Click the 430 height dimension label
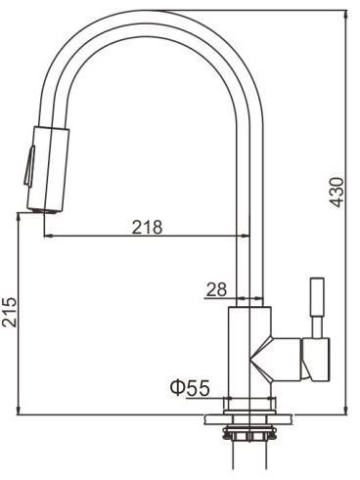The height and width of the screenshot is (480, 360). pos(337,193)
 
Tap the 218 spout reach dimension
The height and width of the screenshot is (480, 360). pos(147,227)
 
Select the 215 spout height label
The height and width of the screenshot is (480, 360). pos(9,312)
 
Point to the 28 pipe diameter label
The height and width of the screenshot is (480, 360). pos(216,289)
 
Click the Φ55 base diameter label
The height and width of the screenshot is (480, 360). pos(190,388)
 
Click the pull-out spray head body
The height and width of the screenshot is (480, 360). pos(48,169)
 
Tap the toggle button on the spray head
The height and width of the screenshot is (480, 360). pos(29,166)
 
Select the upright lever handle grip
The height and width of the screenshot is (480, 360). pos(317,296)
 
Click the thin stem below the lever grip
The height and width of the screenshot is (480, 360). pos(317,327)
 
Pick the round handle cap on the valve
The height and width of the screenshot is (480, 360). pos(317,360)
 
